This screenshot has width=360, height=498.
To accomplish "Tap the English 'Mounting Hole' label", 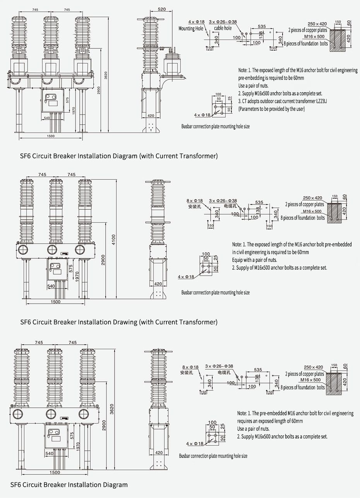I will point(190,29).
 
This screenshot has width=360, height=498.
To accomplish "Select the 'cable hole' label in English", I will point(223,28).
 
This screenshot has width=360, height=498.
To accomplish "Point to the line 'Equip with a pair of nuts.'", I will point(254,260).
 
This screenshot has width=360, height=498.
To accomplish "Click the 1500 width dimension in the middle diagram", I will point(56,302).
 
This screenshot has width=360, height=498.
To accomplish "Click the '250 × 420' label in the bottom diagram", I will point(313,367).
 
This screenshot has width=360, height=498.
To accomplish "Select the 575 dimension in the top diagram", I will point(67,100).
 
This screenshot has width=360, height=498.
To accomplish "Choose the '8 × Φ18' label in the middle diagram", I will point(194,201).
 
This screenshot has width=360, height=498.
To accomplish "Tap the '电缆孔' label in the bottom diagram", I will point(224,372).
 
